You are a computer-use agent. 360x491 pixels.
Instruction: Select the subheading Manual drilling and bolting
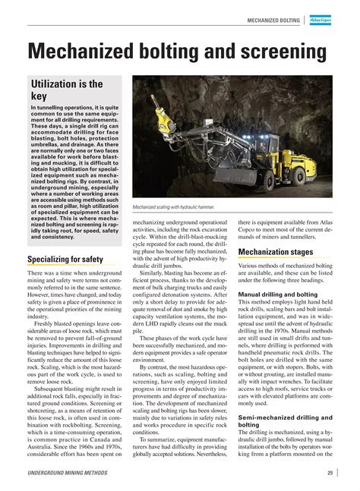(x=278, y=293)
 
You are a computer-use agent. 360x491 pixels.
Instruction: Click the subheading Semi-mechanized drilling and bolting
(x=285, y=421)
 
